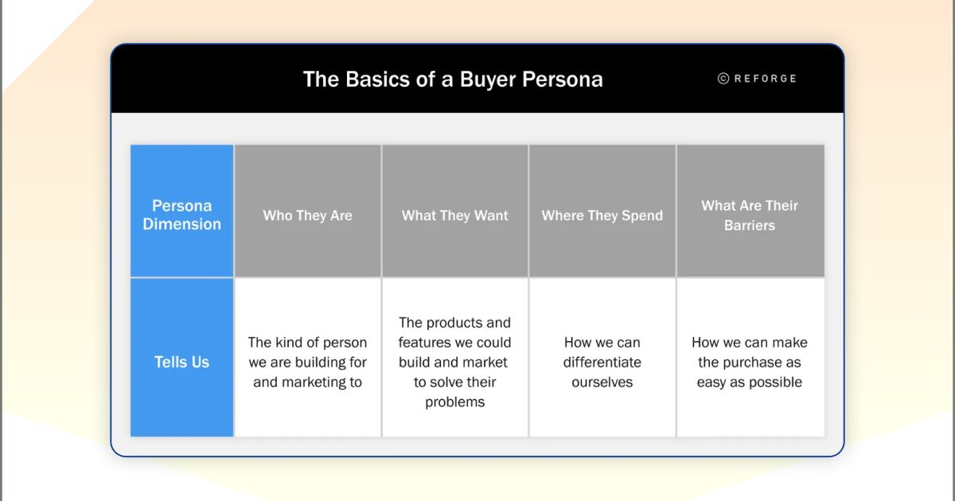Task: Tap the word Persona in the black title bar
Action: point(563,80)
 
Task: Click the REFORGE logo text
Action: point(765,79)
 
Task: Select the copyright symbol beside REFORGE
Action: point(723,79)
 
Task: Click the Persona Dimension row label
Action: point(182,215)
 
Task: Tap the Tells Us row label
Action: point(182,362)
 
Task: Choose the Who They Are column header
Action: point(308,216)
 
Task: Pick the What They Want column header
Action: point(455,216)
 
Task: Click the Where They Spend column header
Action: point(602,216)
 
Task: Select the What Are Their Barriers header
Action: point(750,216)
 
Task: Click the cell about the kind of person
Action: point(308,362)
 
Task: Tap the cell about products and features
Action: point(455,362)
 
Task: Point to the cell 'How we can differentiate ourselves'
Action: point(602,362)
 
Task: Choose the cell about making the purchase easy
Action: point(750,362)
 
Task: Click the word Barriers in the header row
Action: point(750,226)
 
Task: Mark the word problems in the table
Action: point(455,402)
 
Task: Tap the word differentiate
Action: point(602,362)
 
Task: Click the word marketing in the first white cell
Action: point(313,382)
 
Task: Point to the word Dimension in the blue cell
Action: point(182,224)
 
